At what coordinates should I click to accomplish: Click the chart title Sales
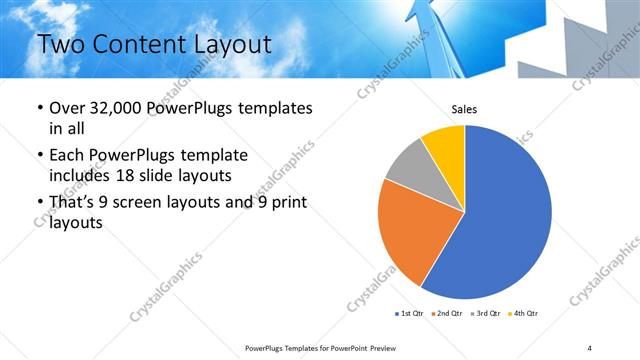click(465, 108)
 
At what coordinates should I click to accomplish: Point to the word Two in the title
click(59, 44)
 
